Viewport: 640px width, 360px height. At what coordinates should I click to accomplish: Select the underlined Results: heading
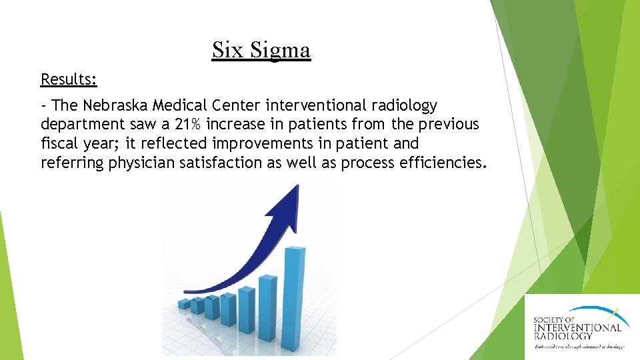click(x=69, y=79)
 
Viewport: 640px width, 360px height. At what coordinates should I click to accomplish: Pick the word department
click(x=83, y=124)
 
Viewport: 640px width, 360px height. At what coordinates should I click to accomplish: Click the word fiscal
click(x=59, y=143)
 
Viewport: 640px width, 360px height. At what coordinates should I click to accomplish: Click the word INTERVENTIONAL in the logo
click(x=577, y=327)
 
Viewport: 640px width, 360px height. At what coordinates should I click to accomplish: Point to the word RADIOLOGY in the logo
click(x=563, y=336)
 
